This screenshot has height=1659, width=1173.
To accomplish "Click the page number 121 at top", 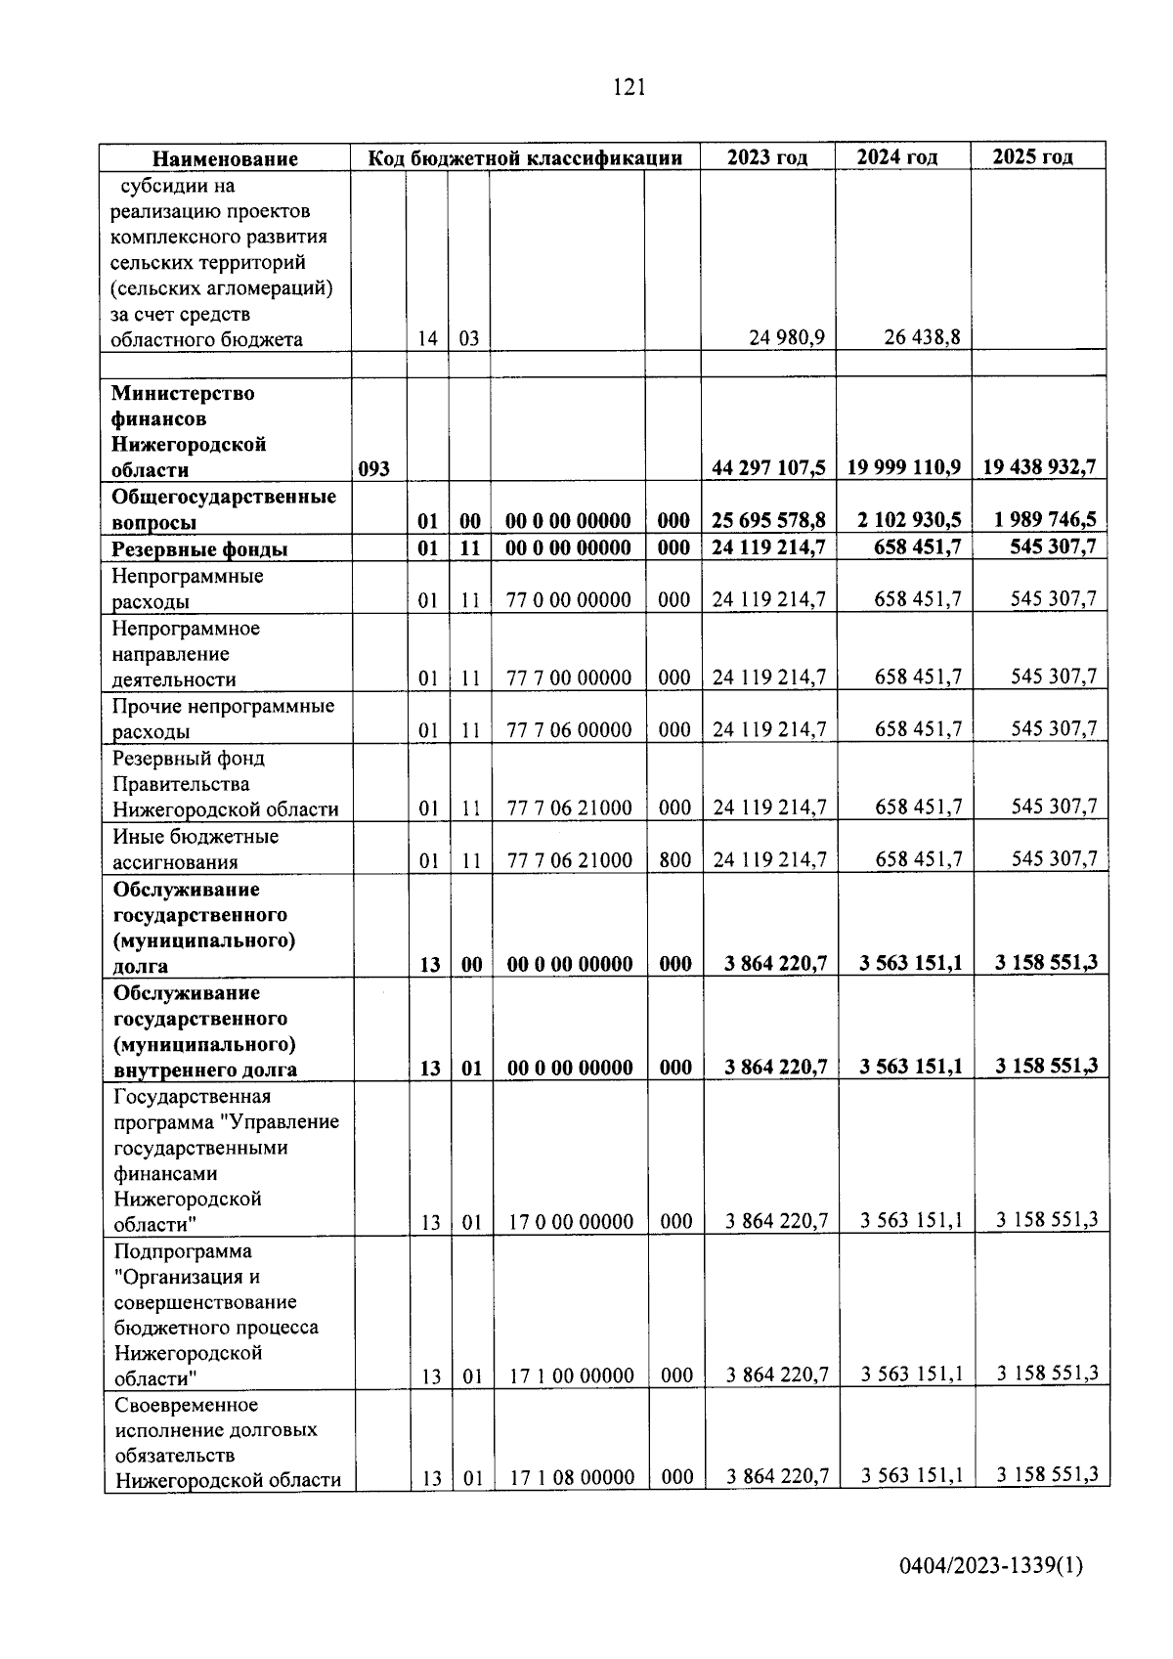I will pos(629,88).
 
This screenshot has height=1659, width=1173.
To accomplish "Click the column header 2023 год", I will pos(767,157).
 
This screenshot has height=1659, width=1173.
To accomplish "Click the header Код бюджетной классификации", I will pos(524,158).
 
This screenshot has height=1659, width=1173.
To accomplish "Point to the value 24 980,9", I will pos(787,338).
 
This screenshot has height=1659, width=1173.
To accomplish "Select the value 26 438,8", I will pos(922,338).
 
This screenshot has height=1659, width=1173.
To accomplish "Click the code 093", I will pos(373,469).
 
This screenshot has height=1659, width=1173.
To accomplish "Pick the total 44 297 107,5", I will pos(768,468).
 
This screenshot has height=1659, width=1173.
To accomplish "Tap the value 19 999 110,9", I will pos(903,468).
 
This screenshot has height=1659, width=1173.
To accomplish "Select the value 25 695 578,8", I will pos(768,520).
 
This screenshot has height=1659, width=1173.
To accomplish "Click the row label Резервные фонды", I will pos(199,548).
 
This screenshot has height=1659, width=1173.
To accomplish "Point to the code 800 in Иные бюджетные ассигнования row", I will pos(674,860).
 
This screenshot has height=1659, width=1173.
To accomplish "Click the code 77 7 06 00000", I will pos(569,729).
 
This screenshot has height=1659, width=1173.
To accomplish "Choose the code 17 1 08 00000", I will pos(572,1477).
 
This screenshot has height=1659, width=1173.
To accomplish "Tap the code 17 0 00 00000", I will pos(571,1221).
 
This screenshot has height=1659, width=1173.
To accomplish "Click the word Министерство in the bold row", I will pos(183,393).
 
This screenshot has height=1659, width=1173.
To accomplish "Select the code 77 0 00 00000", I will pos(568,599).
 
